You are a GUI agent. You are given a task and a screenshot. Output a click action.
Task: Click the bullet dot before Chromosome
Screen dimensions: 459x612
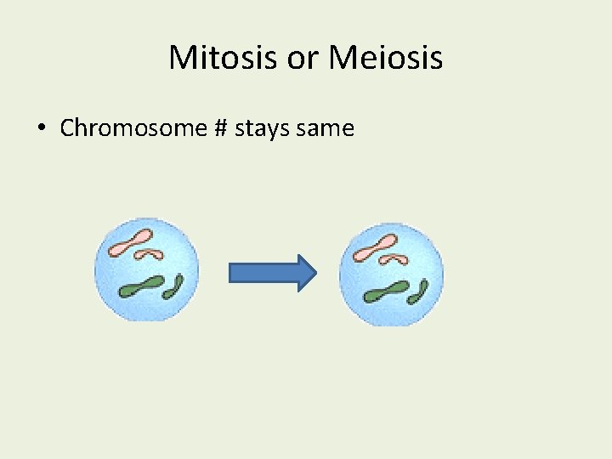[41, 129]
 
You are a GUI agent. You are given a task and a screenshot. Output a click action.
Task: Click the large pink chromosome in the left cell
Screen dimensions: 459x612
[131, 242]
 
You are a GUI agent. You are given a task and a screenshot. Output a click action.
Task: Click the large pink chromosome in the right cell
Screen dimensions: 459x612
[375, 247]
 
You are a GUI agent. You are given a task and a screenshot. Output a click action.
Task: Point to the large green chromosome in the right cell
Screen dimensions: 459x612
[387, 292]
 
